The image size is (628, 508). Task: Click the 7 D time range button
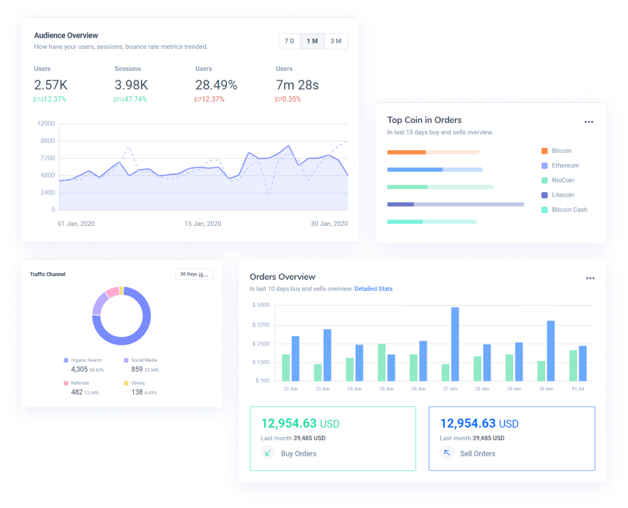tap(290, 41)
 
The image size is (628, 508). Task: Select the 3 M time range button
tap(336, 41)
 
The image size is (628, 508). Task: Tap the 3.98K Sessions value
tap(131, 85)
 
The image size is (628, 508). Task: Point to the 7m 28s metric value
tap(297, 85)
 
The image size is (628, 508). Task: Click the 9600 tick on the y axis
tap(46, 141)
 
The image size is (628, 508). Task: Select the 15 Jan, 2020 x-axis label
tap(202, 224)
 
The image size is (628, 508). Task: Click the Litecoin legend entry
tap(563, 195)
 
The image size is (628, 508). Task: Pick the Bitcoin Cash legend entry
tap(569, 210)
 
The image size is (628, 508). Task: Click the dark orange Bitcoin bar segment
tap(407, 152)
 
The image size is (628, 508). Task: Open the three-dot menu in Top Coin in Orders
tap(589, 122)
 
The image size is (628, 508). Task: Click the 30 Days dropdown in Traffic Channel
tap(194, 275)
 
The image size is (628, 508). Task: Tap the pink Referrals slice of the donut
tap(112, 292)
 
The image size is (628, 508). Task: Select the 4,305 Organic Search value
tap(79, 369)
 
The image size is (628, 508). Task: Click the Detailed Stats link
tap(374, 289)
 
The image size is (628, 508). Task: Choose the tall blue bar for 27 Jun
tap(455, 344)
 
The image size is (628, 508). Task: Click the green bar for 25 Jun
tap(382, 362)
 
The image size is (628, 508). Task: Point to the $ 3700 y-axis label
tap(261, 325)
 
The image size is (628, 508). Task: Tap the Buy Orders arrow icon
tap(268, 453)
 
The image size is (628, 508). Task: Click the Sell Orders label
tap(477, 454)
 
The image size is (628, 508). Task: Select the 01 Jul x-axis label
tap(578, 389)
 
